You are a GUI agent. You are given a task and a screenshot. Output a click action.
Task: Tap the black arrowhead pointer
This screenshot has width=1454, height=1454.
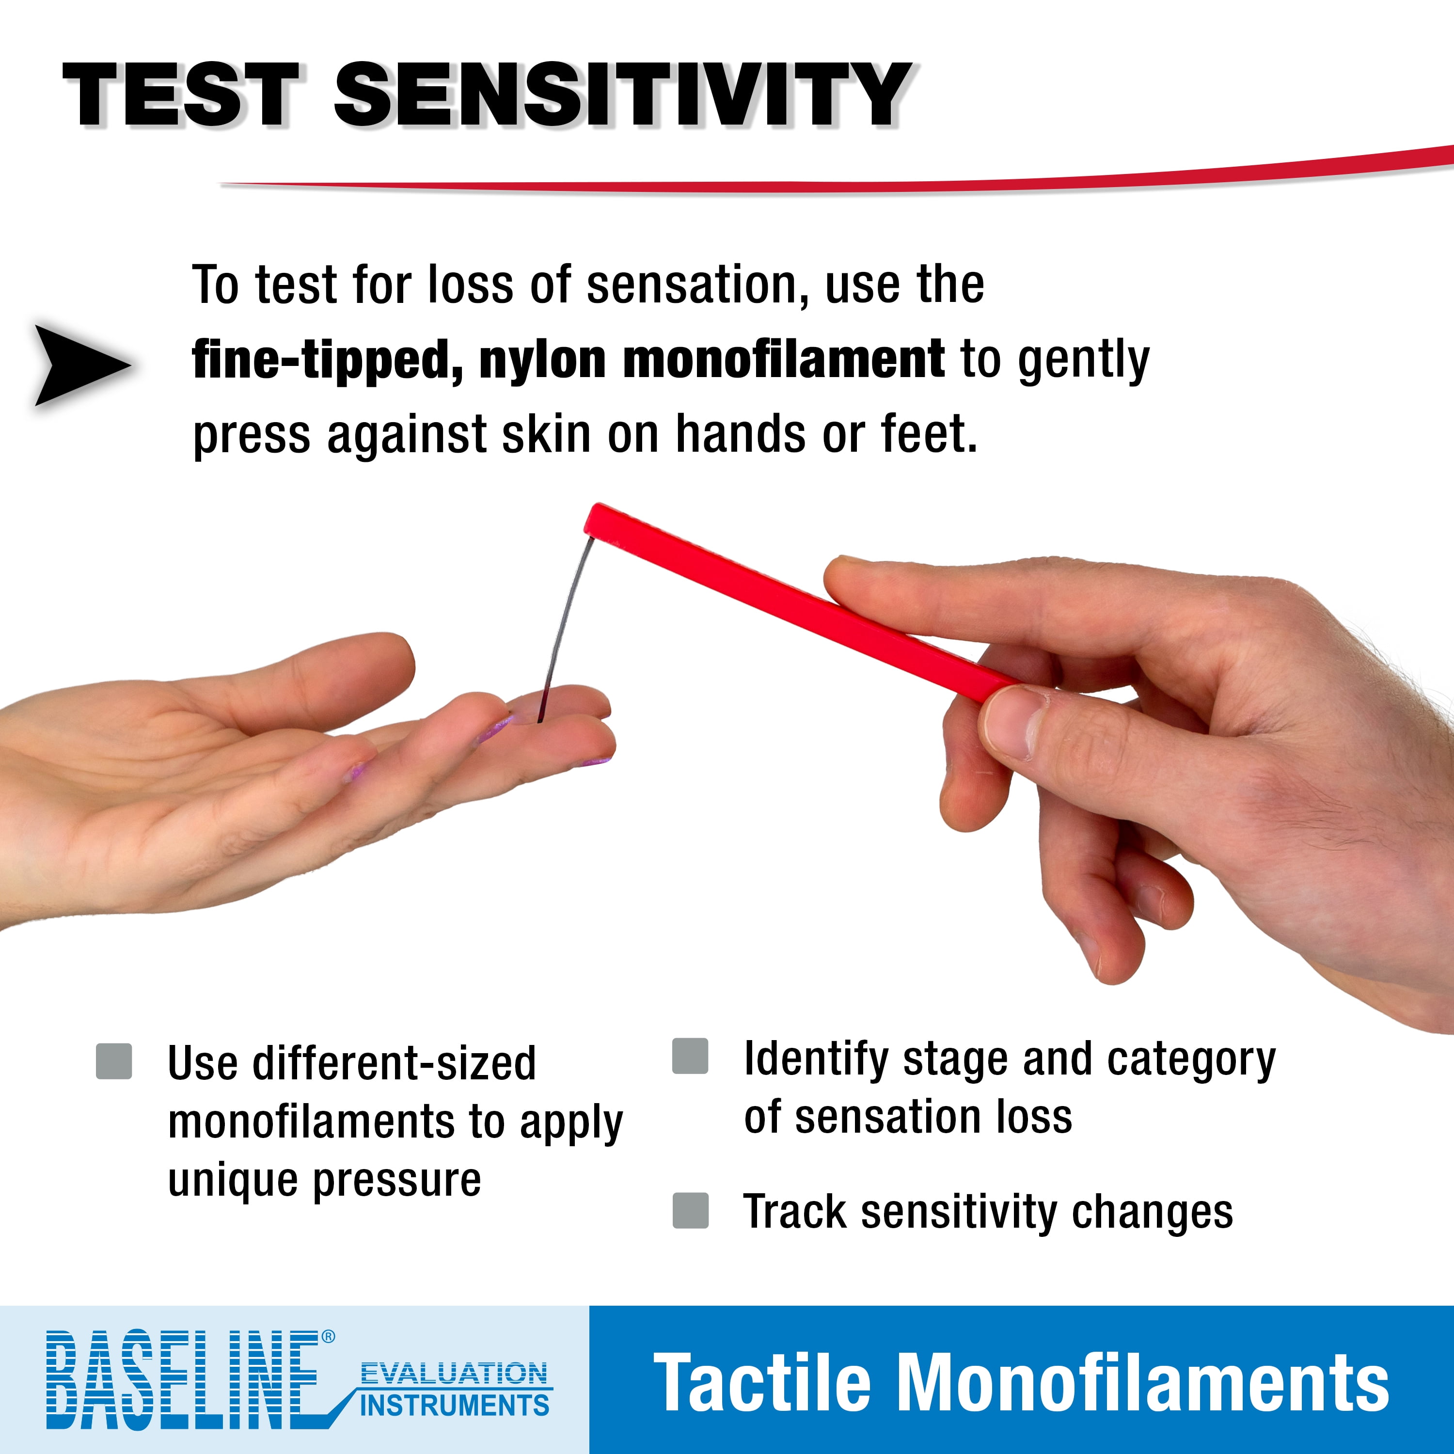click(83, 365)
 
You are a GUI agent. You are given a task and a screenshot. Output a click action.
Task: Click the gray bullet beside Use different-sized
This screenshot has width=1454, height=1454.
click(114, 1061)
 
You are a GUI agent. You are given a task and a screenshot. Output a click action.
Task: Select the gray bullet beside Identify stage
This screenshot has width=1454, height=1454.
click(690, 1056)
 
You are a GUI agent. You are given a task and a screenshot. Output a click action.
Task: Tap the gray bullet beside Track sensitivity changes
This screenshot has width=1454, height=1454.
click(690, 1210)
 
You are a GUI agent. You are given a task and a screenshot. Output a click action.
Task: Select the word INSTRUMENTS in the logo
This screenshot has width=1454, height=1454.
click(455, 1405)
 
